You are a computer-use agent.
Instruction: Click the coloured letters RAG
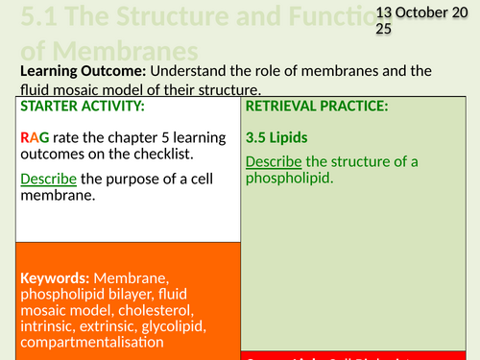pos(34,137)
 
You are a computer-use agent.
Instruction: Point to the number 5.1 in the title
pos(27,16)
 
